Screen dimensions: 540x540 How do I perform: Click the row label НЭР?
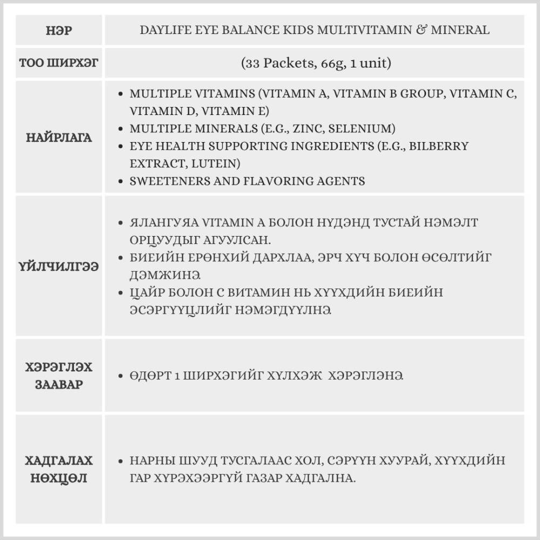[x=59, y=30]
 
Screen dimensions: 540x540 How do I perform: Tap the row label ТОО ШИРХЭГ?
[x=59, y=63]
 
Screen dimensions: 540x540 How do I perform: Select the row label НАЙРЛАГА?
[x=59, y=138]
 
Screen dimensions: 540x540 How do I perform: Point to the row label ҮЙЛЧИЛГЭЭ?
[x=59, y=267]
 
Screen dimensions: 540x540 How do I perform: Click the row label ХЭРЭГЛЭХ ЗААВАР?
[x=59, y=376]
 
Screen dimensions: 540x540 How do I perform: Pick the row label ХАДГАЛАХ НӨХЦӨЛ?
[x=59, y=469]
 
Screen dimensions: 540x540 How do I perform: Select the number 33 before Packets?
[x=252, y=63]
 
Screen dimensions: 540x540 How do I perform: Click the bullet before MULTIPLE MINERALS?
[x=121, y=129]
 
